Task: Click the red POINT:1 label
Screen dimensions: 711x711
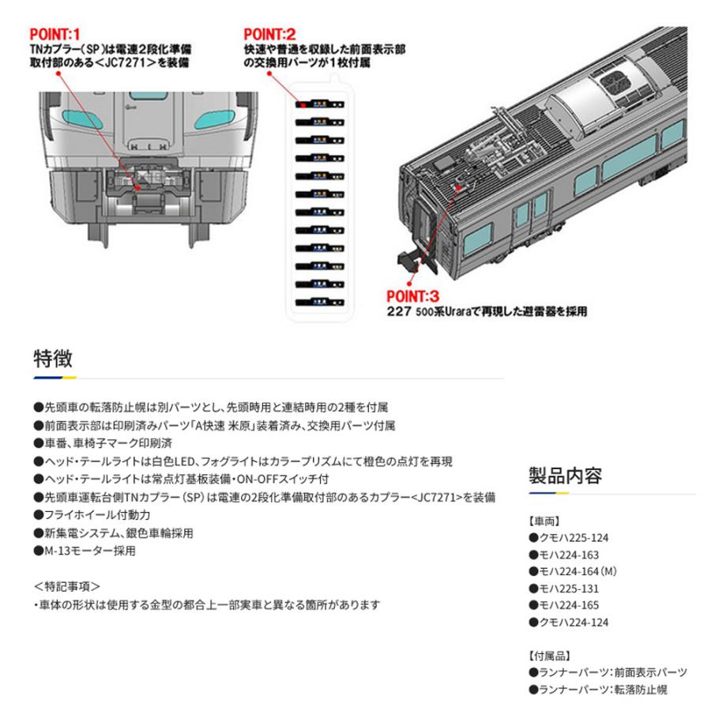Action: pyautogui.click(x=55, y=34)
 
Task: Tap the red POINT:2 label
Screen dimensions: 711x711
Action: pyautogui.click(x=269, y=34)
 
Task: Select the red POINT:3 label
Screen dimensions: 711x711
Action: pyautogui.click(x=412, y=296)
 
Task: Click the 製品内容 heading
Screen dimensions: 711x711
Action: pyautogui.click(x=565, y=476)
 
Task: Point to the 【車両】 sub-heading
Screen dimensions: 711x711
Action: pyautogui.click(x=544, y=521)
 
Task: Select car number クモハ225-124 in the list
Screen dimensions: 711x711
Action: pyautogui.click(x=569, y=538)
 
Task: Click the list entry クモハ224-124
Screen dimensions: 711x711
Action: pyautogui.click(x=569, y=623)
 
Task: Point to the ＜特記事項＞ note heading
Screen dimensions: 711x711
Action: pyautogui.click(x=67, y=586)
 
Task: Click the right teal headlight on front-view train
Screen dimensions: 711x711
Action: pyautogui.click(x=210, y=120)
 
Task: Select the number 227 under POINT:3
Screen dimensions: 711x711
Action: pyautogui.click(x=400, y=312)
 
